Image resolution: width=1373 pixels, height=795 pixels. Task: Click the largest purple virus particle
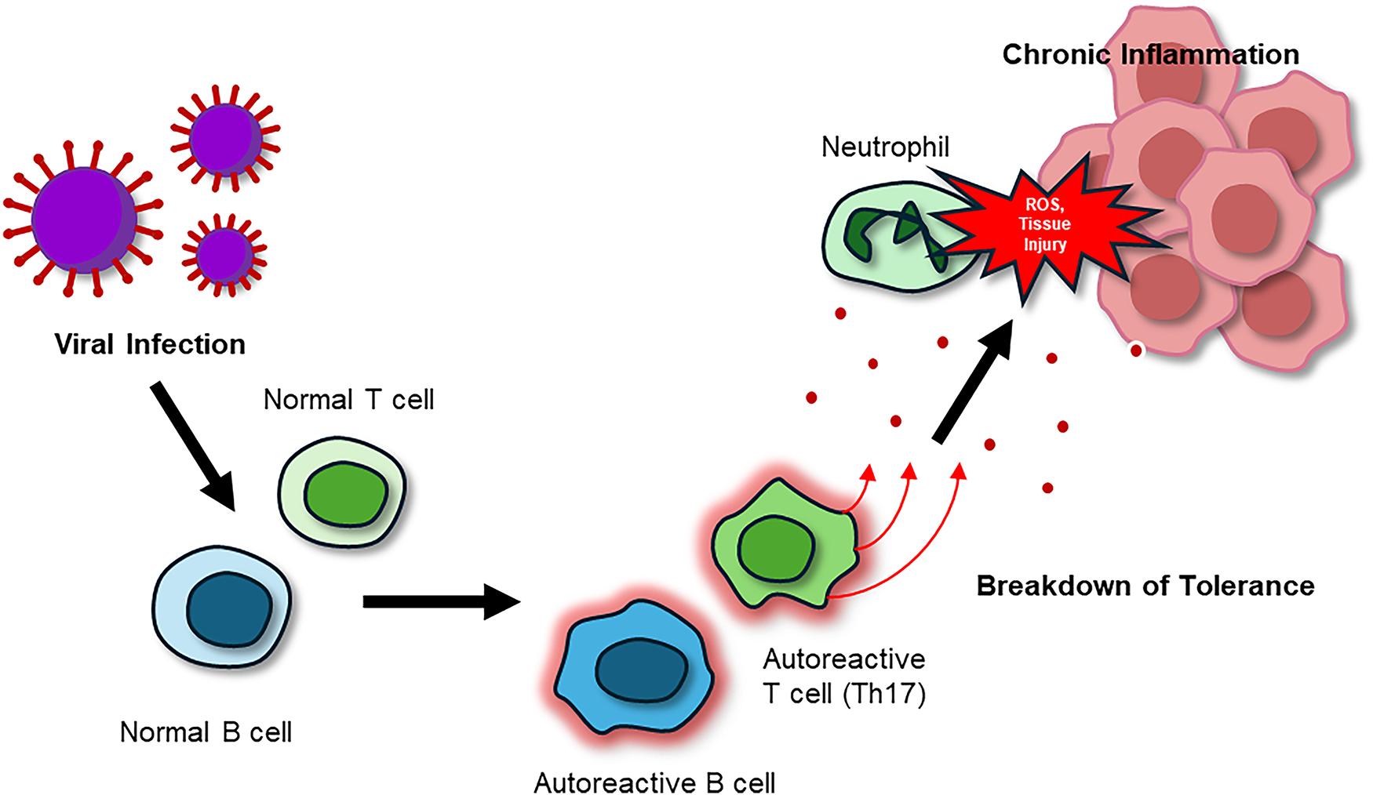[83, 219]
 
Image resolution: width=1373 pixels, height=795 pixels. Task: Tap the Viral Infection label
[150, 344]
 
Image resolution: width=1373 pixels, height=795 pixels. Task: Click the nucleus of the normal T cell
[345, 494]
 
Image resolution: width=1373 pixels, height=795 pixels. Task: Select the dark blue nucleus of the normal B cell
[228, 609]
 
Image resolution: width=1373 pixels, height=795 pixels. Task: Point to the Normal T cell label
[348, 400]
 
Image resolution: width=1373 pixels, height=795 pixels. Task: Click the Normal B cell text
[206, 732]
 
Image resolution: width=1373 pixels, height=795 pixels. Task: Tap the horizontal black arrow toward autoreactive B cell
[442, 601]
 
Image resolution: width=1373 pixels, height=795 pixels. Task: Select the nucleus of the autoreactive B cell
[641, 670]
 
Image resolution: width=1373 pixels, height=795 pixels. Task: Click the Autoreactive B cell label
[654, 782]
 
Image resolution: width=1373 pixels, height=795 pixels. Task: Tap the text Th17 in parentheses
[884, 694]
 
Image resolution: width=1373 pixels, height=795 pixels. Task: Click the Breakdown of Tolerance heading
[1145, 586]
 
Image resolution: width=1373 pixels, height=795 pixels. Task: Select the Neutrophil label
[885, 147]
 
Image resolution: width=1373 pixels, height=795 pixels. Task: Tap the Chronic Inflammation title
[1151, 54]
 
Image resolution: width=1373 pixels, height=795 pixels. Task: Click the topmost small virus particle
[225, 138]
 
